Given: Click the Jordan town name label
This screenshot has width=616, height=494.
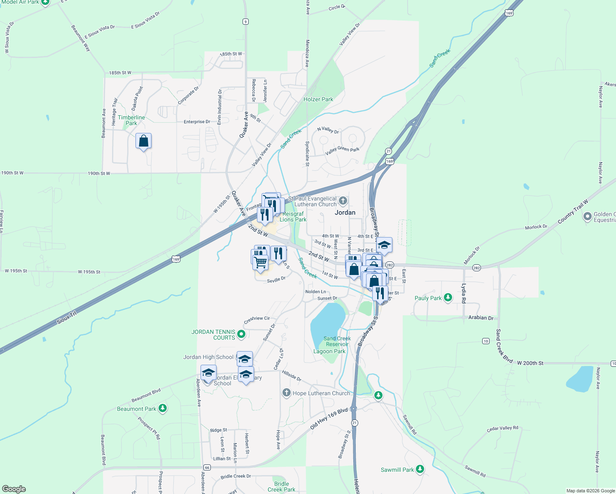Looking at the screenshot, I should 345,212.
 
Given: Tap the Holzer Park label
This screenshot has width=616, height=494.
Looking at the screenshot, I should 318,99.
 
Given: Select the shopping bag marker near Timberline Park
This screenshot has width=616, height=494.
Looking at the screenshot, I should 143,141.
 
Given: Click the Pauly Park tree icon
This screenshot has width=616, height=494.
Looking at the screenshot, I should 448,298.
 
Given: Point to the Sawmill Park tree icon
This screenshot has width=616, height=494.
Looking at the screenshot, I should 420,469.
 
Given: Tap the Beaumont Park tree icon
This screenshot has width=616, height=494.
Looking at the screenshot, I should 163,408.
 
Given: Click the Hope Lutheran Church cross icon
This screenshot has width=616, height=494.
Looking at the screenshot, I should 287,393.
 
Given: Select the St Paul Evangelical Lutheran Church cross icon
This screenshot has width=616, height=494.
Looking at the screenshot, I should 343,201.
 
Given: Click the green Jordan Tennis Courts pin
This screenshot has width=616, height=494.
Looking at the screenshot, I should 241,334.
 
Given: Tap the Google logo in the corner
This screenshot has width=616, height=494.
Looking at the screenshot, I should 14,489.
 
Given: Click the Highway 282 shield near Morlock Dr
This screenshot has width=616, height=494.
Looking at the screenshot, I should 476,268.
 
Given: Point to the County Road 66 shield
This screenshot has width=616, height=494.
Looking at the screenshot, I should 207,467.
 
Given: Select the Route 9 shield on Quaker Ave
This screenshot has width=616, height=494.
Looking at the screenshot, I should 245,22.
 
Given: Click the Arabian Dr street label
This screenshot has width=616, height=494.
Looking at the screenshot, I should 481,318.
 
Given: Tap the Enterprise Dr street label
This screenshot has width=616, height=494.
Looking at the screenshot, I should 197,122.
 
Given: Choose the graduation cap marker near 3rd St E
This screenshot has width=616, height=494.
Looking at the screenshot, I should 384,245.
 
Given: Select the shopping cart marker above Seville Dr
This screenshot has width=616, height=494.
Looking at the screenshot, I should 260,262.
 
